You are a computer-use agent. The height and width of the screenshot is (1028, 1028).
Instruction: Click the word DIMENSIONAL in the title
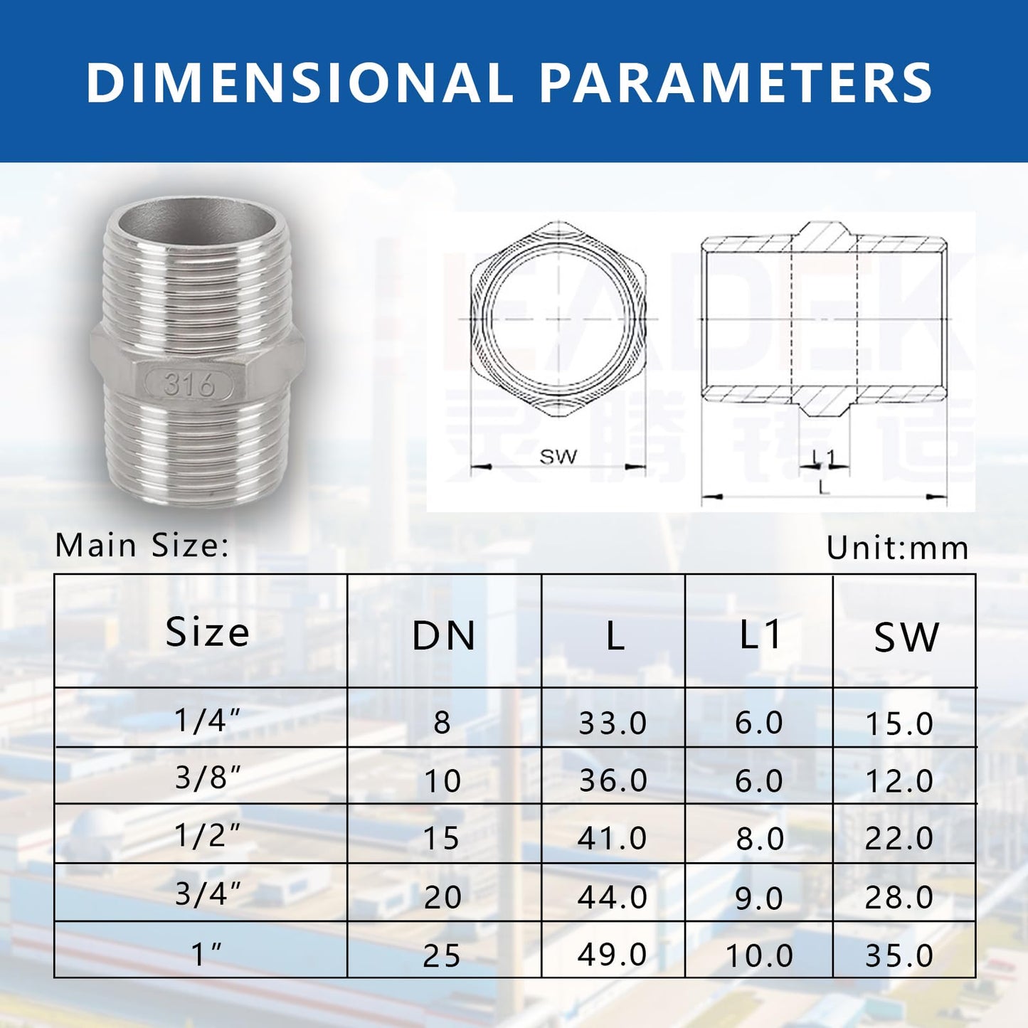click(x=299, y=83)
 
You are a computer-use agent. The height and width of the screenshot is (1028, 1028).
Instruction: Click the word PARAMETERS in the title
click(x=736, y=83)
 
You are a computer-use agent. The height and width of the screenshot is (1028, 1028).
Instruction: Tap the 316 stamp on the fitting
click(x=189, y=385)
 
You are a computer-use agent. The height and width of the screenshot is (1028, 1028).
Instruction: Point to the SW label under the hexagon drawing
click(x=558, y=456)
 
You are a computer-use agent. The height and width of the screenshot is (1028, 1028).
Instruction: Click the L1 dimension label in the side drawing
click(x=823, y=456)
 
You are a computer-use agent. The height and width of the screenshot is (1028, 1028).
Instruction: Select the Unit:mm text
click(x=897, y=548)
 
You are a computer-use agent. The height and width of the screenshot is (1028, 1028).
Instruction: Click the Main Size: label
click(x=142, y=546)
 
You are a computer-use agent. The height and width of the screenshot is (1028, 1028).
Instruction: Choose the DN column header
click(x=444, y=635)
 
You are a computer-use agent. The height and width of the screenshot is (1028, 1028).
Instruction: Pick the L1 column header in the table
click(x=760, y=634)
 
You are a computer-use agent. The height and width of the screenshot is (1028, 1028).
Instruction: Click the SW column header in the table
click(x=906, y=637)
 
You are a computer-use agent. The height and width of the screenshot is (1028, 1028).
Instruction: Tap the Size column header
click(x=207, y=632)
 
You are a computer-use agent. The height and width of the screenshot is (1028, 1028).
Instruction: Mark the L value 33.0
click(x=613, y=724)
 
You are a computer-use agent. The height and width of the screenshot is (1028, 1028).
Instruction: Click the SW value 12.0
click(x=899, y=781)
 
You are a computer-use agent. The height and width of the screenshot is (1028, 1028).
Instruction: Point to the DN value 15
click(x=442, y=838)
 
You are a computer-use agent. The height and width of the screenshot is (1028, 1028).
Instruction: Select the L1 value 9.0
click(x=759, y=898)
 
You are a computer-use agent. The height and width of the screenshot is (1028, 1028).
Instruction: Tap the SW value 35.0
click(x=899, y=955)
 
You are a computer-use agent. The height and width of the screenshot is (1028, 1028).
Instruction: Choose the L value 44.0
click(x=613, y=896)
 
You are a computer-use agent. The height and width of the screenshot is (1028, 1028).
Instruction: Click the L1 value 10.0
click(x=759, y=955)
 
